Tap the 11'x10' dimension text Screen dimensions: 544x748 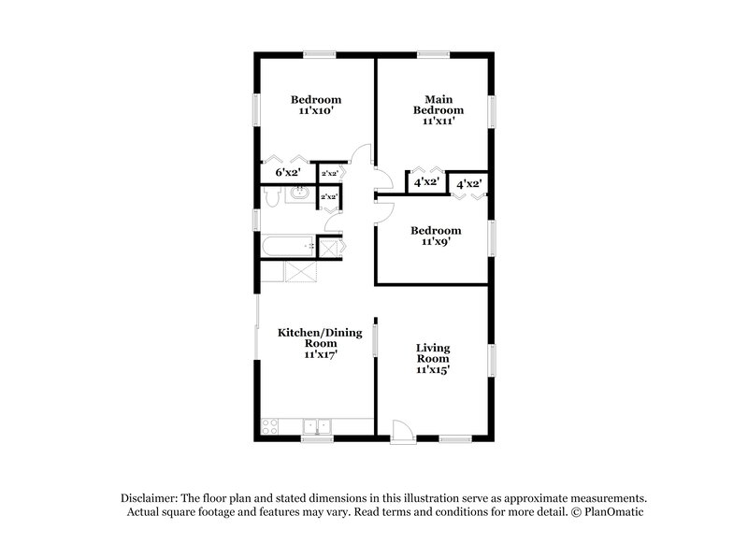(315, 111)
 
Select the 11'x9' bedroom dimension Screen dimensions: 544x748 (436, 242)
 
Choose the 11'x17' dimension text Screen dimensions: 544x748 (315, 354)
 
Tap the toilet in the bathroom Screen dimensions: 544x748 (272, 196)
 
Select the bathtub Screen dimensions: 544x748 (288, 248)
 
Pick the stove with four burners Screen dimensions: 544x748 (271, 427)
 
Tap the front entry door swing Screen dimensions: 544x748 (399, 429)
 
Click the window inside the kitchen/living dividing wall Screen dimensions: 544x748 (375, 338)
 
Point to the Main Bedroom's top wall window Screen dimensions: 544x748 (431, 54)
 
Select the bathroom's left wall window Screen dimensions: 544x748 (257, 221)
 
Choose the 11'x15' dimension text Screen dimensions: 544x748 (433, 370)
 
